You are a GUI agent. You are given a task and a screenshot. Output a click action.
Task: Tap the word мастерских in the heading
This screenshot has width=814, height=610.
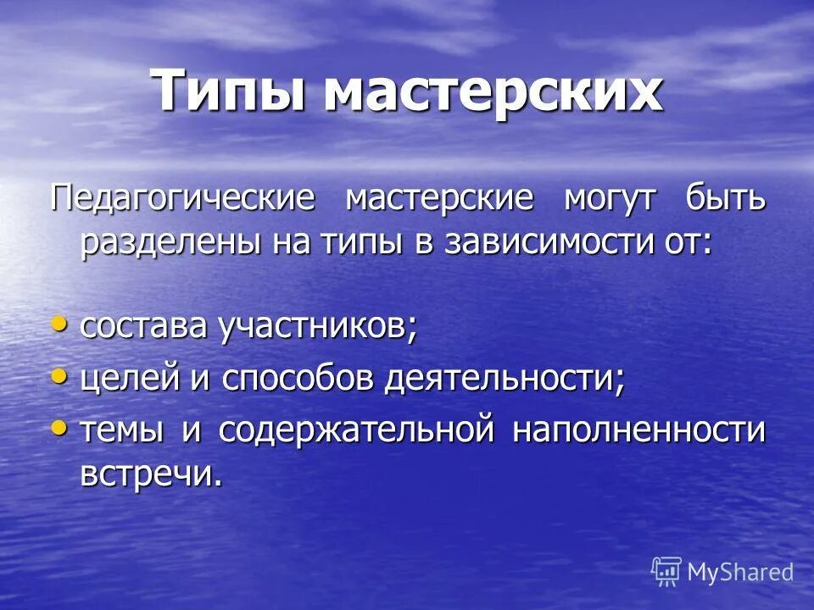[x=493, y=91]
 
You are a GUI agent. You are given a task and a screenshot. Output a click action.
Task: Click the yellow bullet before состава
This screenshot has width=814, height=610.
[x=59, y=324]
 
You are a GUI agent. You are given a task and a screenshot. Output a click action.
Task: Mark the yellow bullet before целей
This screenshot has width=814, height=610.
[x=59, y=375]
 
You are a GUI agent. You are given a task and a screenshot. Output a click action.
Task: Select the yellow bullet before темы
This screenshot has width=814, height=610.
[x=59, y=427]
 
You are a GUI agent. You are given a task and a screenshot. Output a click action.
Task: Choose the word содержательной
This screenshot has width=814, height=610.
[x=356, y=430]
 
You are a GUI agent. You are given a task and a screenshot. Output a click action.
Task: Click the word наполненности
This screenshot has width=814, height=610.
[x=638, y=430]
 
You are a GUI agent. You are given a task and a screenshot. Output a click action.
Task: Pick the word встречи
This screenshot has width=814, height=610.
[x=151, y=474]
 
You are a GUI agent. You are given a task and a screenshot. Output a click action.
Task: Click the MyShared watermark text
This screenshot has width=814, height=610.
[x=740, y=572]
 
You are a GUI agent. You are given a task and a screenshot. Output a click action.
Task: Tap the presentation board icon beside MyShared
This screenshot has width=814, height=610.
[x=666, y=571]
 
